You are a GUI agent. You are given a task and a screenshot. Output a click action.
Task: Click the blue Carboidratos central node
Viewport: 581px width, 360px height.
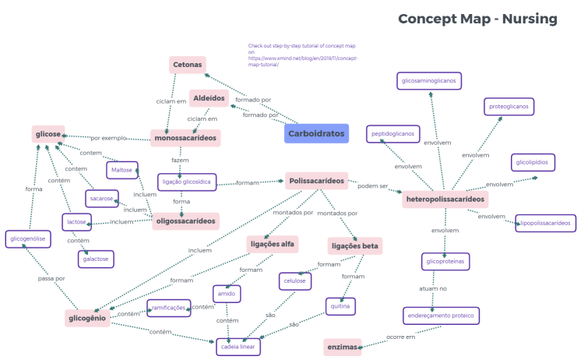pyautogui.click(x=316, y=133)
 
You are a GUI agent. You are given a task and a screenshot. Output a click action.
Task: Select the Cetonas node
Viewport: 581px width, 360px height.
pyautogui.click(x=187, y=65)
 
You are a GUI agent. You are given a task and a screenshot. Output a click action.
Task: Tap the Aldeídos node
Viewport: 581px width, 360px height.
pyautogui.click(x=209, y=98)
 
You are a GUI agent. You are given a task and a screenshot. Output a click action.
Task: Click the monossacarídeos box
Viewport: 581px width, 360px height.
pyautogui.click(x=185, y=137)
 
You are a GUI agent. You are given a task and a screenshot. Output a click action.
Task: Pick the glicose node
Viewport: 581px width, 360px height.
pyautogui.click(x=48, y=135)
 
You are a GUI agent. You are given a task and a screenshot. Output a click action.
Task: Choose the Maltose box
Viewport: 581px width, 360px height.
pyautogui.click(x=121, y=170)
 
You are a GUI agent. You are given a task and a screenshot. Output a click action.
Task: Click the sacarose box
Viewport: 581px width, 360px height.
pyautogui.click(x=102, y=199)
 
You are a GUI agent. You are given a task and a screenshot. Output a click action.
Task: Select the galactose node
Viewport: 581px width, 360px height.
pyautogui.click(x=97, y=259)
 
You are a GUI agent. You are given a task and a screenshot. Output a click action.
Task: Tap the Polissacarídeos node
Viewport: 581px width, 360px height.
pyautogui.click(x=316, y=181)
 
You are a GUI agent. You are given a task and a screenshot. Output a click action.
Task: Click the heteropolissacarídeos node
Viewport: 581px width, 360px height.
pyautogui.click(x=445, y=199)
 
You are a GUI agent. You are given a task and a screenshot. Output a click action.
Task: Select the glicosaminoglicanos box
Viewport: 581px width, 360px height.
pyautogui.click(x=429, y=81)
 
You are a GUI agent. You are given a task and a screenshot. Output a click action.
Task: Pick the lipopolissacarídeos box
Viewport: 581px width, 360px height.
pyautogui.click(x=545, y=223)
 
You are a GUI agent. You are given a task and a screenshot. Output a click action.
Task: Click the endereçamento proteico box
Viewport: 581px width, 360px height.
pyautogui.click(x=442, y=316)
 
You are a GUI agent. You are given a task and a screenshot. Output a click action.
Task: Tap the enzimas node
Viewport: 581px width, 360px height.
pyautogui.click(x=343, y=347)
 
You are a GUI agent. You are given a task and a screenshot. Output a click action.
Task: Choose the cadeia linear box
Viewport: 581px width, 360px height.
pyautogui.click(x=238, y=347)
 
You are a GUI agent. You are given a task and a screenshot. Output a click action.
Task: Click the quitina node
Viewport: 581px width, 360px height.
pyautogui.click(x=340, y=306)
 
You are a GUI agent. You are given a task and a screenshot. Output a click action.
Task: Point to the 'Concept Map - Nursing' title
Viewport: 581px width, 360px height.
pyautogui.click(x=477, y=19)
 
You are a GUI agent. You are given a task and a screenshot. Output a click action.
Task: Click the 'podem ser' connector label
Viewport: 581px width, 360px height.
pyautogui.click(x=373, y=186)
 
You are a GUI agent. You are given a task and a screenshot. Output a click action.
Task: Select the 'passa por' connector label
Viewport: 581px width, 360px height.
pyautogui.click(x=51, y=278)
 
